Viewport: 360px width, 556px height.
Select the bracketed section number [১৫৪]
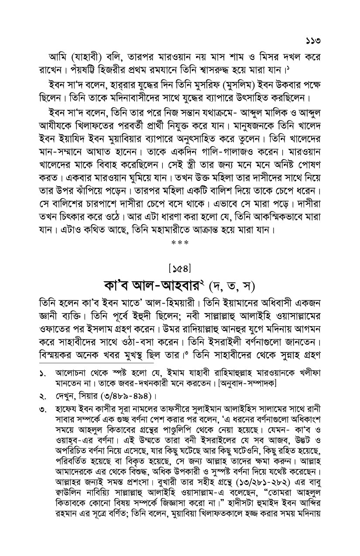pos(180,266)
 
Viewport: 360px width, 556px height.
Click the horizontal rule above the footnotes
pos(96,362)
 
